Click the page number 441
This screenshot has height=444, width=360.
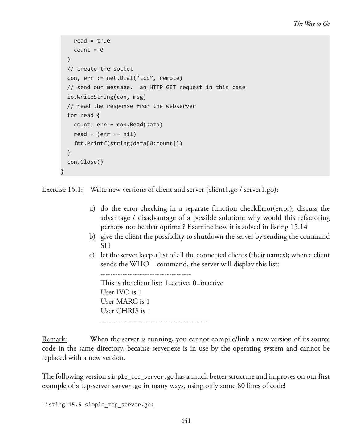coord(186,421)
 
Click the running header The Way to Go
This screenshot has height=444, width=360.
coord(312,24)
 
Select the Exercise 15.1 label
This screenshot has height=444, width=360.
coord(62,190)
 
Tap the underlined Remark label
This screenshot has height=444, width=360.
coord(54,339)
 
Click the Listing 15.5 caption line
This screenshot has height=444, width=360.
coord(98,405)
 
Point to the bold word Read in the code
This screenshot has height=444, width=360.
coord(136,125)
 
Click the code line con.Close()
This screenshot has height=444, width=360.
coord(85,162)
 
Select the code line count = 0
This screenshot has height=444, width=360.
coord(88,50)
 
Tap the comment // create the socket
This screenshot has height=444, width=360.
coord(100,69)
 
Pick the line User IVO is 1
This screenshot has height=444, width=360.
coord(121,292)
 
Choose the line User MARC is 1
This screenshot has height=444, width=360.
coord(125,302)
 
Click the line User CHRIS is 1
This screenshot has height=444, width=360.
coord(125,311)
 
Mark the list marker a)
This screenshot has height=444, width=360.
coord(92,209)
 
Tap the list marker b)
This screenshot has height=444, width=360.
coord(92,236)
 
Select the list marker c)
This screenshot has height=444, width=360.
coord(92,255)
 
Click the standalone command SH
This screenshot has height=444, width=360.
coord(105,246)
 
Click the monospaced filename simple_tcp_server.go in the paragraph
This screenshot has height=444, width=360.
coord(141,377)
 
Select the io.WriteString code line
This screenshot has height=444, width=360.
coord(107,97)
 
